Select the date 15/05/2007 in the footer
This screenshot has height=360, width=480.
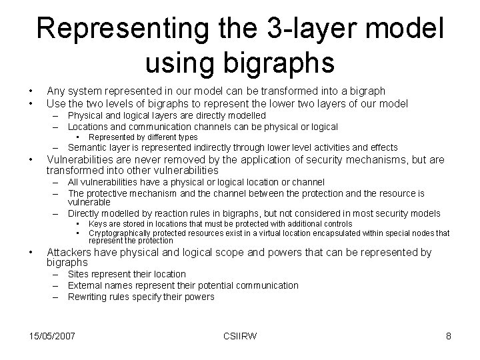pyautogui.click(x=52, y=336)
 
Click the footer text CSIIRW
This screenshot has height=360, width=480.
pyautogui.click(x=241, y=336)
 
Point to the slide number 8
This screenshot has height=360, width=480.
pyautogui.click(x=449, y=336)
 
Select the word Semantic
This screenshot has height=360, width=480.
pyautogui.click(x=87, y=147)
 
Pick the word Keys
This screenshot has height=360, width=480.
pyautogui.click(x=98, y=225)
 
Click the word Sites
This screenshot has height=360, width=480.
pyautogui.click(x=80, y=274)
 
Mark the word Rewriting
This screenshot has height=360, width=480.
pyautogui.click(x=88, y=297)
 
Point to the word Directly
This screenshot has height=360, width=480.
pyautogui.click(x=85, y=213)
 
